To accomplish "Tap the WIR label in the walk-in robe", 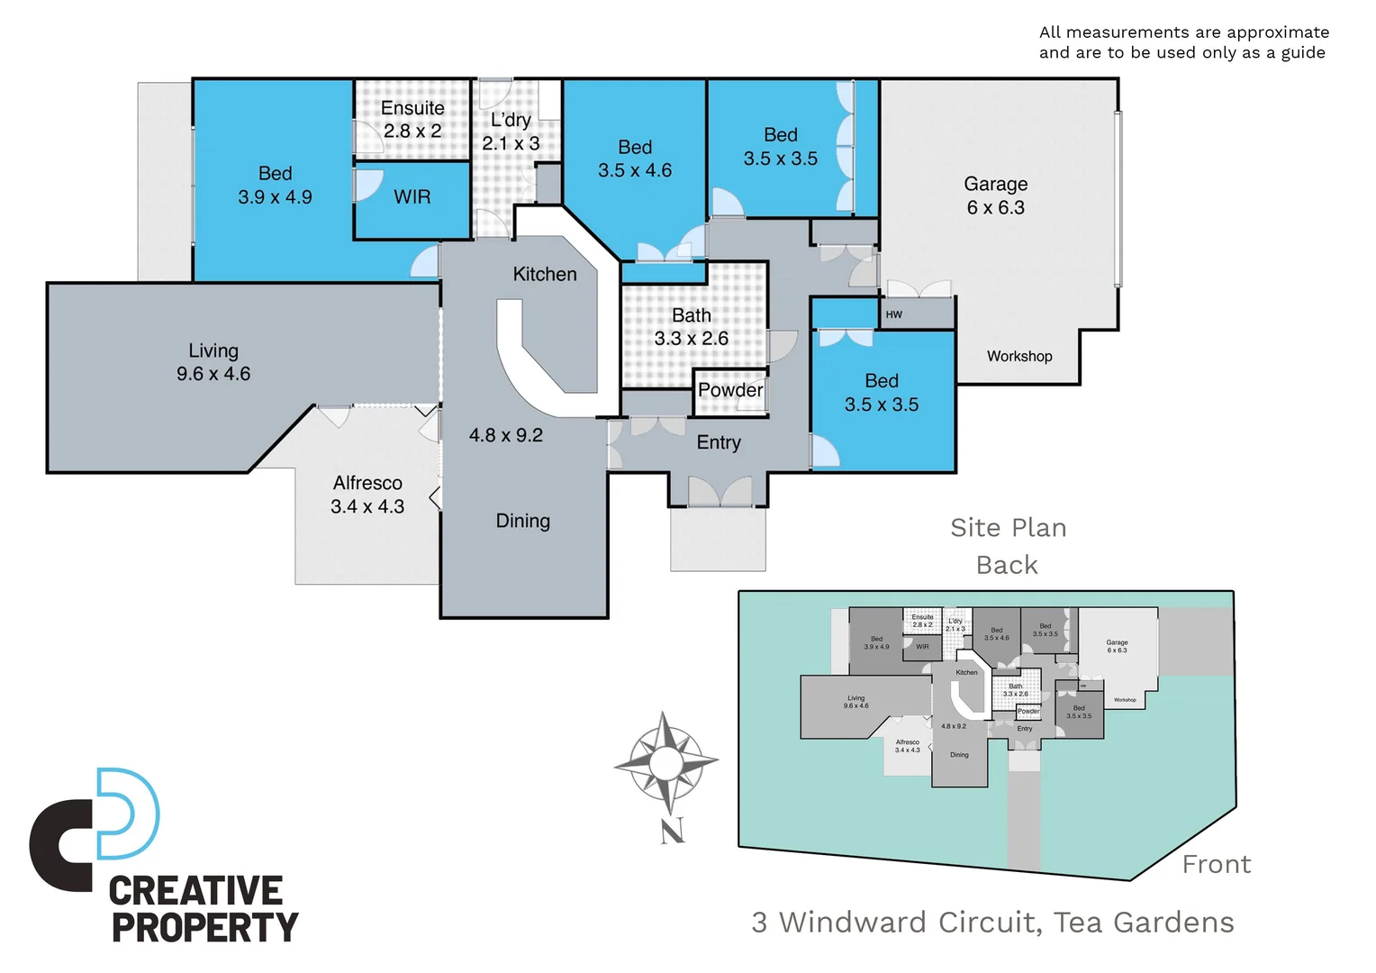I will click(412, 196).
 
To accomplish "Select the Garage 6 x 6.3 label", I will click(995, 196).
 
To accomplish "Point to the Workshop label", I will click(1019, 356).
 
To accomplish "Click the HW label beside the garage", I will click(893, 314).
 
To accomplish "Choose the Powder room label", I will click(730, 390).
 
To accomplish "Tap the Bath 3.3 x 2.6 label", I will click(691, 327).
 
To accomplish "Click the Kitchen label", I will click(545, 274).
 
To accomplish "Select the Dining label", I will click(522, 521).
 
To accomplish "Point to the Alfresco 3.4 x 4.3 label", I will click(367, 495).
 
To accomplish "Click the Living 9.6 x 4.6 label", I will click(213, 362).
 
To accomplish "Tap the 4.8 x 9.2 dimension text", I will click(506, 435).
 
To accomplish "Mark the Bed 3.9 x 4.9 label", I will click(275, 185).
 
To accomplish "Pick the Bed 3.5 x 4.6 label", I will click(635, 159).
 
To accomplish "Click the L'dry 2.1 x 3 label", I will click(511, 132).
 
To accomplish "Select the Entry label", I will click(719, 442).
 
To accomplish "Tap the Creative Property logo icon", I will click(95, 829).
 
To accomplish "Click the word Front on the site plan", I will click(1217, 864).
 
